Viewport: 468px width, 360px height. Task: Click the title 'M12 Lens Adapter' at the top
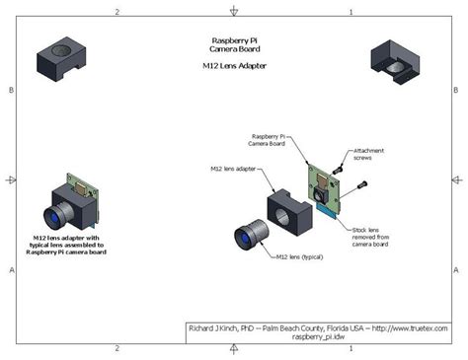(234, 66)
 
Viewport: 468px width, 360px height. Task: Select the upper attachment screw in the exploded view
(338, 170)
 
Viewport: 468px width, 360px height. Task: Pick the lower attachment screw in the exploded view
(362, 184)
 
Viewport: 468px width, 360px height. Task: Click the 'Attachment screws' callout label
(368, 154)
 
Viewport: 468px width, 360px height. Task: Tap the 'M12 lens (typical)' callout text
(299, 256)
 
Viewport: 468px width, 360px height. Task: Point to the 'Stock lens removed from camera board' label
(370, 237)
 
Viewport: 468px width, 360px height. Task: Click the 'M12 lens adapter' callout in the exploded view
(233, 169)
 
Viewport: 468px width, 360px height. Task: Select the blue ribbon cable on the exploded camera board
(326, 210)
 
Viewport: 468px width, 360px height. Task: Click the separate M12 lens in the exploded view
(252, 235)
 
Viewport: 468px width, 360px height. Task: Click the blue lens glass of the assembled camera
(53, 219)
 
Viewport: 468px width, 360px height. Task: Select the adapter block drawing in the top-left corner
(61, 58)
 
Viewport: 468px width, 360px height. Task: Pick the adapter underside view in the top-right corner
(395, 62)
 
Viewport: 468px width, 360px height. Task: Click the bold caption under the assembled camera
(66, 245)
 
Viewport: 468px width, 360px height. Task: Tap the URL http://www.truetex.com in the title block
(410, 328)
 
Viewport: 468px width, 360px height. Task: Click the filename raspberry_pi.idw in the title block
(318, 336)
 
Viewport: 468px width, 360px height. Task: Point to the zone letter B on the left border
(11, 90)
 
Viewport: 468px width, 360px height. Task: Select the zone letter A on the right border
(456, 270)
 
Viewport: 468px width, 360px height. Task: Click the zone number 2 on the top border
(117, 12)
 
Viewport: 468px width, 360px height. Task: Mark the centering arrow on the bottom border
(234, 349)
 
